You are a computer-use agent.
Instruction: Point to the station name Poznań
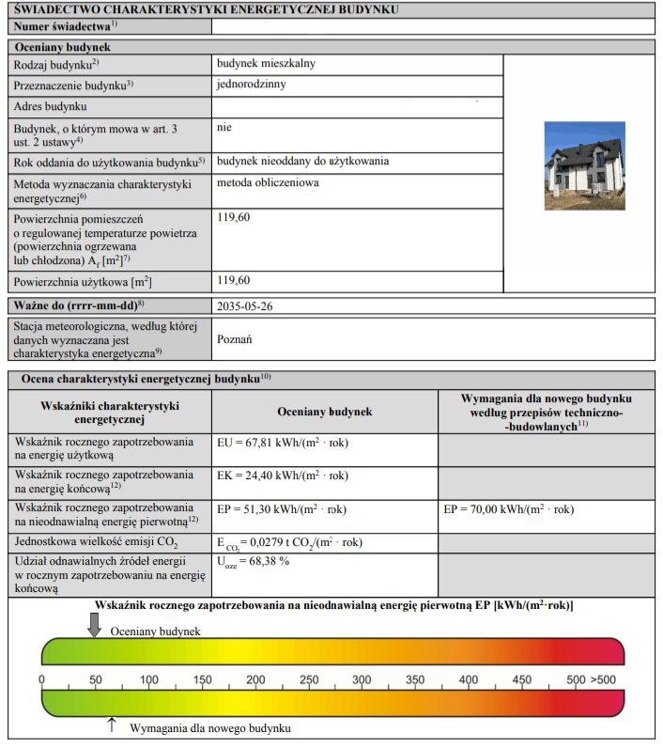point(235,339)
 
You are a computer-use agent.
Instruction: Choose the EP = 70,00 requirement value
point(508,510)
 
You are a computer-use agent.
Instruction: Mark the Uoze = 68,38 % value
point(253,561)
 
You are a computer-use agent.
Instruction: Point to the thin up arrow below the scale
point(113,725)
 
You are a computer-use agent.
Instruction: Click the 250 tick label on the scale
point(308,679)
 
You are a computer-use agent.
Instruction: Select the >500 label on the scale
point(604,679)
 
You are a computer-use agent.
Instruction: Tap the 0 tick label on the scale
point(41,679)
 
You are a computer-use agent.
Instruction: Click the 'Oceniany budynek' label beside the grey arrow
point(155,632)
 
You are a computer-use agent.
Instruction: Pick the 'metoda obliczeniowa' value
point(268,183)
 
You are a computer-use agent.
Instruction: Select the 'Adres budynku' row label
point(50,107)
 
